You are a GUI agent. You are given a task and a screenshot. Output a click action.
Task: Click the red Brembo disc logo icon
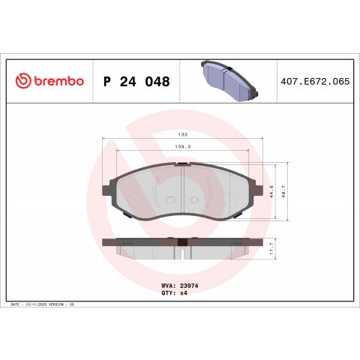click(x=23, y=81)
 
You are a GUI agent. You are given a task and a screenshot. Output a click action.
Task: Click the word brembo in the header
click(x=58, y=81)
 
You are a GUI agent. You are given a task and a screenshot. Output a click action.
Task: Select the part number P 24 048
click(x=136, y=82)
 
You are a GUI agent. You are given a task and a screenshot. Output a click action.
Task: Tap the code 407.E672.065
click(x=315, y=82)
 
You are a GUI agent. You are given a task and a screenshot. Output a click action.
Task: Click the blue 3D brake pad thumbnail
click(x=229, y=81)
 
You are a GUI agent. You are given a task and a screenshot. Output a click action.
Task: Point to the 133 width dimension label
click(x=182, y=134)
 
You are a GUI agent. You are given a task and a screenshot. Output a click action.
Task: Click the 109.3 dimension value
click(x=182, y=147)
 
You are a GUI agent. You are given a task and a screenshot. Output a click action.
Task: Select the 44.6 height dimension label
click(x=271, y=191)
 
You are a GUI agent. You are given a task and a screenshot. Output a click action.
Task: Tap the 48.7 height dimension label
click(x=283, y=191)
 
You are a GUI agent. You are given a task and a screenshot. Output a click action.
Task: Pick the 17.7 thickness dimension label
click(x=271, y=248)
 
